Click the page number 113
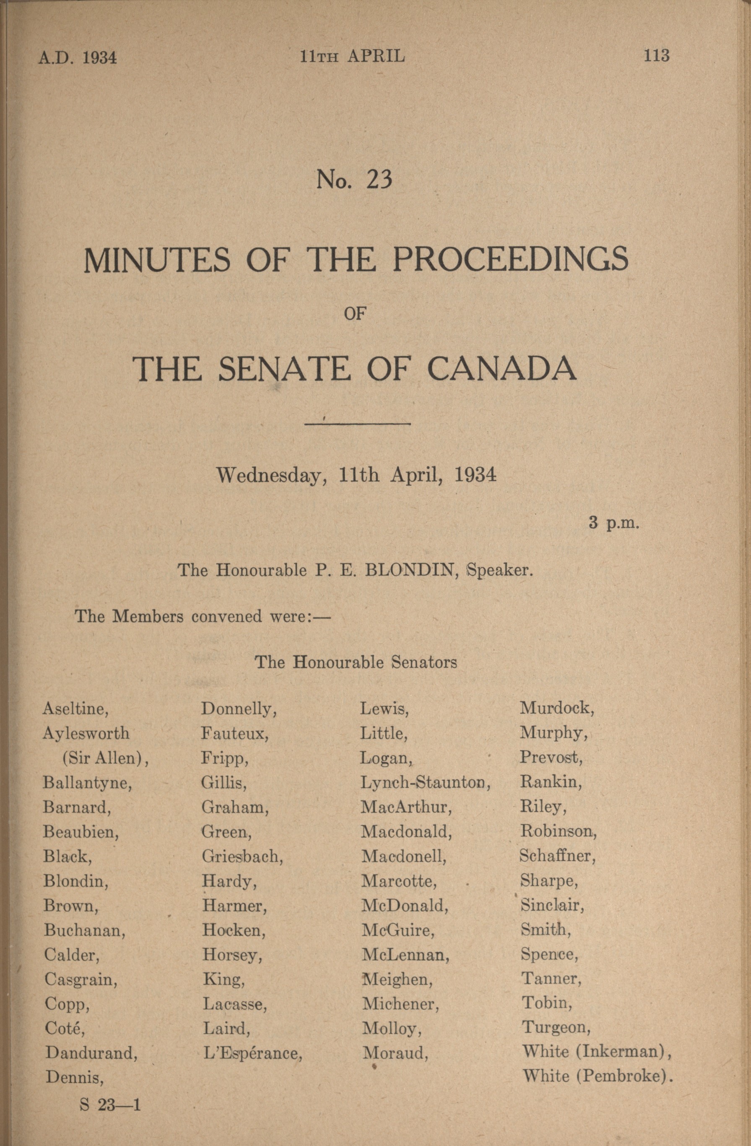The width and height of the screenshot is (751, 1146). click(x=656, y=56)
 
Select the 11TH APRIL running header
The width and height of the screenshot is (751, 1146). click(x=352, y=57)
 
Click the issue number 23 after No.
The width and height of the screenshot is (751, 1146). click(x=379, y=180)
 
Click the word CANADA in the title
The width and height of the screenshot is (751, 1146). click(x=502, y=369)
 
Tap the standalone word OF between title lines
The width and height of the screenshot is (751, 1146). click(x=356, y=314)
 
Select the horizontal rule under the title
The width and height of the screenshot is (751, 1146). click(x=357, y=424)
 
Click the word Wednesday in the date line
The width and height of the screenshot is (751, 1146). click(x=269, y=476)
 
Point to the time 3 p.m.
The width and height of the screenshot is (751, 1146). click(x=614, y=522)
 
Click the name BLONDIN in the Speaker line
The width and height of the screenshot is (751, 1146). click(x=411, y=570)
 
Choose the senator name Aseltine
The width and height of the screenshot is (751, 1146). click(x=75, y=708)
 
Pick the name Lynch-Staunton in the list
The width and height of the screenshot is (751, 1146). click(x=425, y=782)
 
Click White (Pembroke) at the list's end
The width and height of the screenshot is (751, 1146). click(x=597, y=1075)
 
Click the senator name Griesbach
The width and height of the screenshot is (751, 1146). click(x=242, y=856)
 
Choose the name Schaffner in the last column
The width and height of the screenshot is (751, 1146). click(x=557, y=855)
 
